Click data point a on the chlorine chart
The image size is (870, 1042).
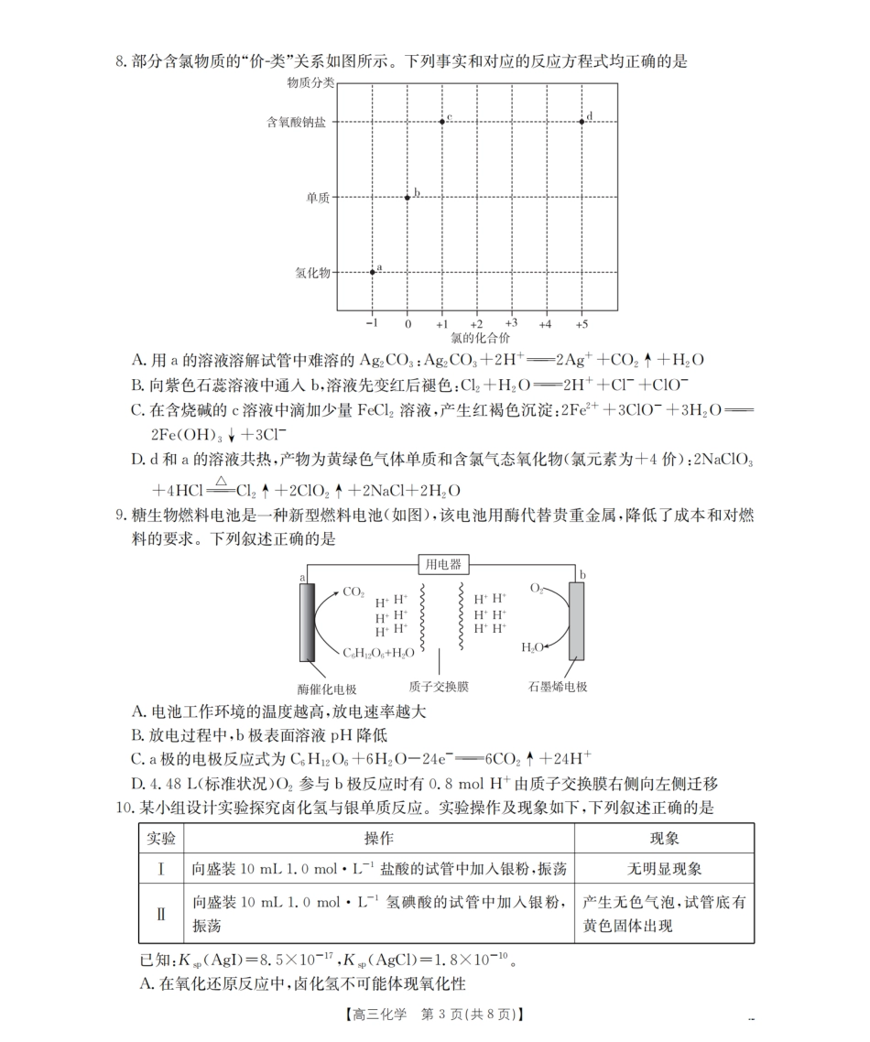click(x=373, y=272)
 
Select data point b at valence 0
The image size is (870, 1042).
click(x=408, y=197)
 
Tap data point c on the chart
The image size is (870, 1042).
click(x=441, y=121)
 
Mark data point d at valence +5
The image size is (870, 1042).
click(x=582, y=121)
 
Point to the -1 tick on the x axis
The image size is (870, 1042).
click(x=371, y=324)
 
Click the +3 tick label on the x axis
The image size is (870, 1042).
click(x=511, y=323)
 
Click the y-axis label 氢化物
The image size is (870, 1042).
click(x=313, y=273)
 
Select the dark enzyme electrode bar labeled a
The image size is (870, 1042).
click(x=306, y=621)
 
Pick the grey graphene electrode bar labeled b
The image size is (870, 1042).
click(x=576, y=621)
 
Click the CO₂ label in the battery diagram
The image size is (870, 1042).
click(x=353, y=592)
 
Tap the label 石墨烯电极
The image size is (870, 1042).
click(x=557, y=686)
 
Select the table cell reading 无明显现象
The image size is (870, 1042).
click(x=664, y=868)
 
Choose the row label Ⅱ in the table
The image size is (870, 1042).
click(x=161, y=913)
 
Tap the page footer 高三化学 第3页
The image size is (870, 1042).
click(x=435, y=1015)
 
